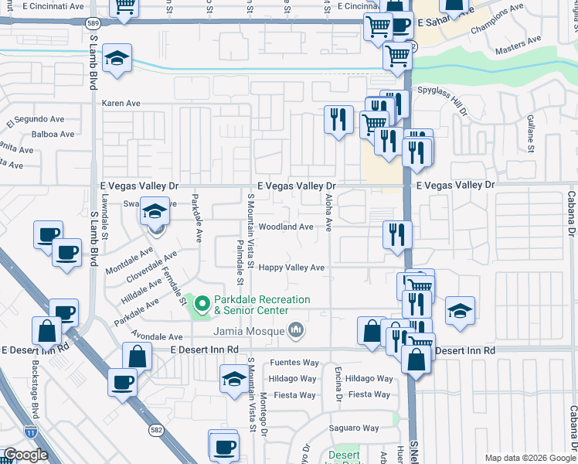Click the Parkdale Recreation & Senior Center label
click(261, 305)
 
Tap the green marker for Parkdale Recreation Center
click(202, 305)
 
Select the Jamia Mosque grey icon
click(295, 332)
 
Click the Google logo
click(25, 455)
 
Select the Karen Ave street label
click(121, 103)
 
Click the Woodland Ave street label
click(286, 227)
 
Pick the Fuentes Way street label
click(294, 363)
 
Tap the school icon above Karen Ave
click(117, 58)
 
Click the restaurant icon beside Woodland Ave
click(397, 234)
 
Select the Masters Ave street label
click(518, 44)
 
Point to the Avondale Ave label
click(156, 337)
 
